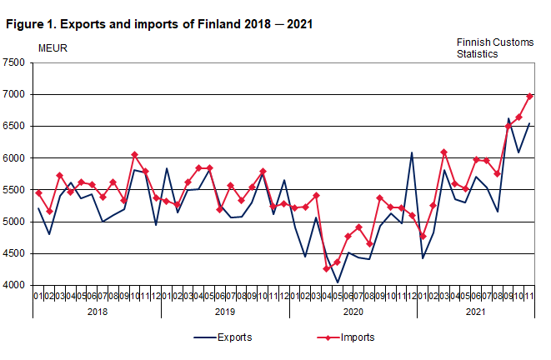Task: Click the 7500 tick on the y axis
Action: (13, 62)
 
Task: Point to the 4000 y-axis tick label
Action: (13, 286)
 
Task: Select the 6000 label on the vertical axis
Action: (13, 158)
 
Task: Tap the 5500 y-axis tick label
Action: (13, 190)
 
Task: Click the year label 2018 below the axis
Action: (97, 311)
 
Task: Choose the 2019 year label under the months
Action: (225, 311)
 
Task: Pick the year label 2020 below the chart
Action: (353, 311)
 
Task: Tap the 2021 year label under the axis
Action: (475, 311)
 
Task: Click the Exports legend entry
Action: (236, 337)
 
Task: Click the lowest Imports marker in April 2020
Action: (328, 268)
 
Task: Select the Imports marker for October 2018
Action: (135, 155)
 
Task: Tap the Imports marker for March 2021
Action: (444, 152)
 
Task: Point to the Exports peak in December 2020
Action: (413, 152)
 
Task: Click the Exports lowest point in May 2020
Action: (338, 282)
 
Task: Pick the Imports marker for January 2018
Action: (39, 192)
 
